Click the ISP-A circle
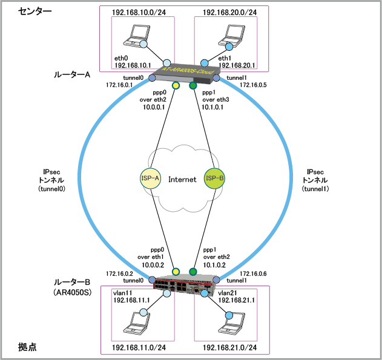coord(150,178)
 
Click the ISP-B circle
coord(214,178)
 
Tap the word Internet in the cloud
coord(182,179)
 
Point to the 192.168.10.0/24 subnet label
coord(139,11)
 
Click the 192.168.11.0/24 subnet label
coord(139,348)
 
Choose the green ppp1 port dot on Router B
coord(193,271)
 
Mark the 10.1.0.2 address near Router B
coord(214,264)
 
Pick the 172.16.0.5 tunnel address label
coord(253,85)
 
